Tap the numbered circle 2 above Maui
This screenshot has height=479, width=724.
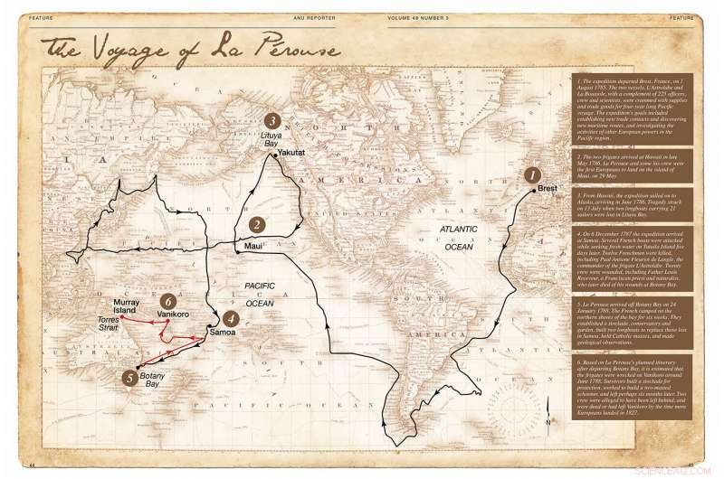coord(257,225)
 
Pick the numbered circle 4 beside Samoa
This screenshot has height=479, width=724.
coord(232,318)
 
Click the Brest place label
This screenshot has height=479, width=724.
coord(547,191)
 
